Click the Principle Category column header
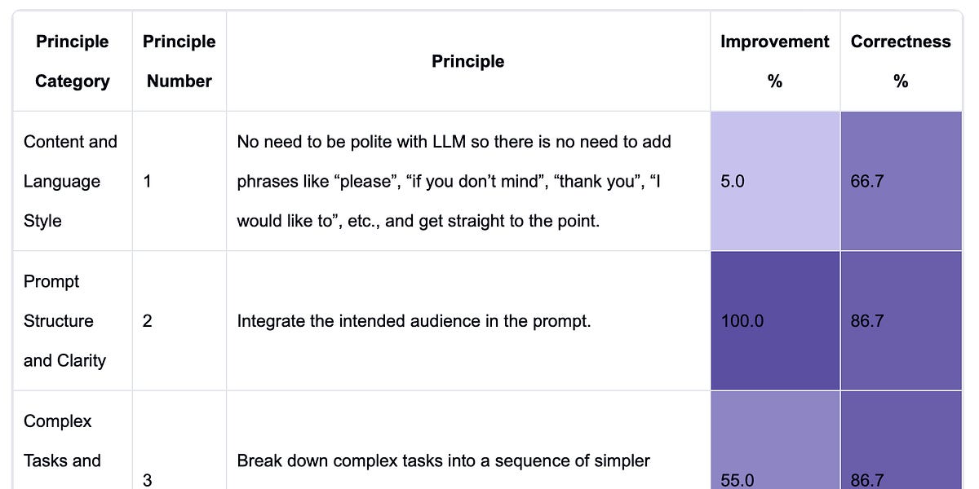pyautogui.click(x=72, y=61)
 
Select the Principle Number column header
pyautogui.click(x=179, y=61)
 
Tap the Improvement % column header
pyautogui.click(x=774, y=61)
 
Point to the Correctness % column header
pyautogui.click(x=901, y=61)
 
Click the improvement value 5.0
pyautogui.click(x=733, y=182)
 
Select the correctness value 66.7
pyautogui.click(x=866, y=182)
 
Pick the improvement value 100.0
pyautogui.click(x=742, y=321)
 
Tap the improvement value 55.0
pyautogui.click(x=738, y=480)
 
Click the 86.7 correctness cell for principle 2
pyautogui.click(x=866, y=321)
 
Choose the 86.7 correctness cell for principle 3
pyautogui.click(x=866, y=480)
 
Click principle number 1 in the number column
pyautogui.click(x=147, y=182)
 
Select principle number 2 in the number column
pyautogui.click(x=147, y=321)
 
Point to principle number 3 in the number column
pyautogui.click(x=147, y=480)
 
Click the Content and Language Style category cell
pyautogui.click(x=70, y=181)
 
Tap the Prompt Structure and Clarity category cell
pyautogui.click(x=64, y=321)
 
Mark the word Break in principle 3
pyautogui.click(x=259, y=461)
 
